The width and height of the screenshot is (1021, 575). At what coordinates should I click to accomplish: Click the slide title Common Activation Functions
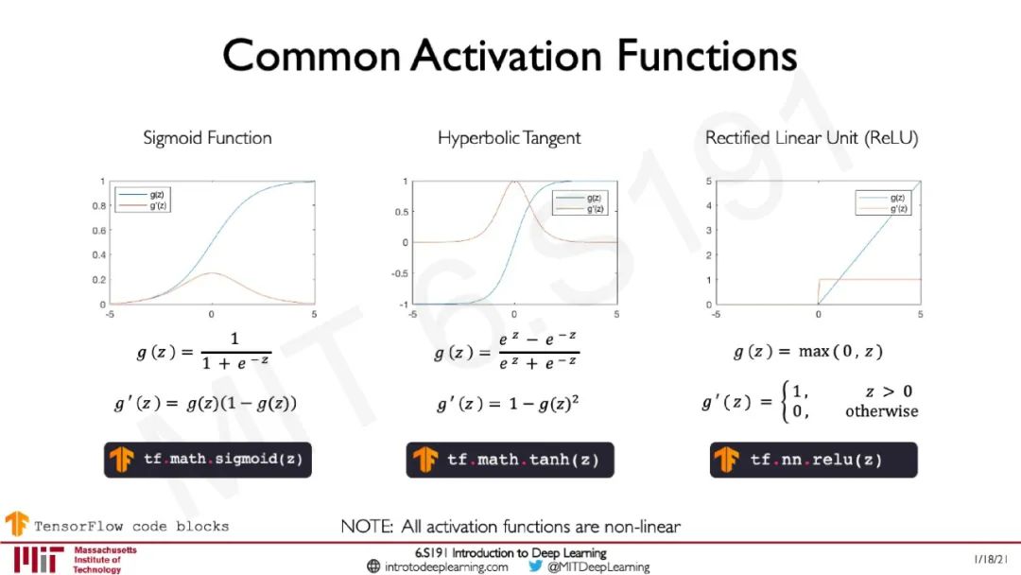pyautogui.click(x=510, y=56)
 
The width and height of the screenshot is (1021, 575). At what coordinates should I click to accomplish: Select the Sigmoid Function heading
pyautogui.click(x=207, y=138)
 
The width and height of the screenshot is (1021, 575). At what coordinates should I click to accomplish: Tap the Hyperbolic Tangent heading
pyautogui.click(x=510, y=138)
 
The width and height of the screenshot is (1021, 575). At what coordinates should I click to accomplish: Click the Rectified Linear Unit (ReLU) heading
pyautogui.click(x=811, y=138)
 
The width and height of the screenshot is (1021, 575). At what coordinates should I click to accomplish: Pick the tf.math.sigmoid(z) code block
pyautogui.click(x=208, y=460)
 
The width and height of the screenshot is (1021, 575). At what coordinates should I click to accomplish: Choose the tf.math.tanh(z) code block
pyautogui.click(x=510, y=460)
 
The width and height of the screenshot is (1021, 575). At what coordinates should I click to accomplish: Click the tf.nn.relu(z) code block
pyautogui.click(x=813, y=460)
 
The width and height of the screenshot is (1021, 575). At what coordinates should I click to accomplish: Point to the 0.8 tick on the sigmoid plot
pyautogui.click(x=99, y=206)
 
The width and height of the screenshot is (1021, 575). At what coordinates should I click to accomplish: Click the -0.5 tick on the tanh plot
pyautogui.click(x=400, y=273)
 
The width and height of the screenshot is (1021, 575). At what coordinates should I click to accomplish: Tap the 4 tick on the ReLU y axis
pyautogui.click(x=709, y=206)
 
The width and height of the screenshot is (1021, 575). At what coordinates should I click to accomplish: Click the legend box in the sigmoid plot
pyautogui.click(x=143, y=200)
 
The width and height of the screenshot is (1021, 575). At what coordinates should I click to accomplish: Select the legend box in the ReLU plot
pyautogui.click(x=883, y=202)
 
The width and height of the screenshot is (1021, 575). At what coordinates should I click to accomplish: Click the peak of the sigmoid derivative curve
pyautogui.click(x=212, y=273)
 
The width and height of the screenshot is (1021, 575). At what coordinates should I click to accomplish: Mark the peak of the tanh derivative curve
pyautogui.click(x=514, y=182)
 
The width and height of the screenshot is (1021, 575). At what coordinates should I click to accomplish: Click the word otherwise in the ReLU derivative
pyautogui.click(x=882, y=411)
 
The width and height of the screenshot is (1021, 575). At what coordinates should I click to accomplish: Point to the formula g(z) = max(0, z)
pyautogui.click(x=808, y=352)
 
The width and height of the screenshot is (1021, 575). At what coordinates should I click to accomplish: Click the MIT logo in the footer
pyautogui.click(x=39, y=559)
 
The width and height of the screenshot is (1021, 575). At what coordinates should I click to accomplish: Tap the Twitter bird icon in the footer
pyautogui.click(x=535, y=566)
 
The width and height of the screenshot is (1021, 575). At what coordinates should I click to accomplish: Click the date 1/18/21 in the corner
pyautogui.click(x=991, y=559)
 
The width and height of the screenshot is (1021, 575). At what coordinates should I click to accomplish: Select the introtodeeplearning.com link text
pyautogui.click(x=446, y=567)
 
